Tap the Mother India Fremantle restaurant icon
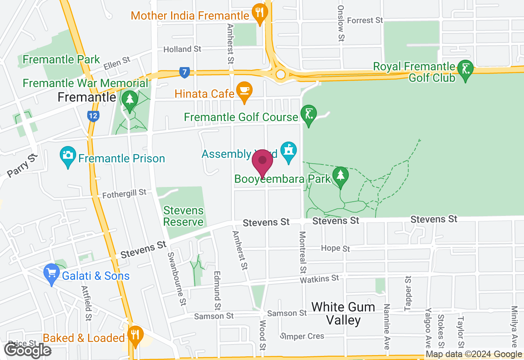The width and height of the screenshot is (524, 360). point(259,13)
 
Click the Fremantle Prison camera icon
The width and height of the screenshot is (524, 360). point(68,155)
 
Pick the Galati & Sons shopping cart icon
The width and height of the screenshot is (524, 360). point(52,273)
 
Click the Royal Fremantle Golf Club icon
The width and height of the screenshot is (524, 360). point(465,69)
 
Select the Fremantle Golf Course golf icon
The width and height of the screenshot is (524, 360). point(308,114)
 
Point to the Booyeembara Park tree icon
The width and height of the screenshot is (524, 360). point(340,175)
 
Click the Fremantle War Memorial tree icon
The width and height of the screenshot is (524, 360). point(130,99)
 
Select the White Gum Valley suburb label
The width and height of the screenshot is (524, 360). point(343,313)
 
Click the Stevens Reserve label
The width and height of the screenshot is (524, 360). point(183,216)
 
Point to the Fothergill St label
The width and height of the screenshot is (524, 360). point(124,193)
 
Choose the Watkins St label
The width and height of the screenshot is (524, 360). point(319,279)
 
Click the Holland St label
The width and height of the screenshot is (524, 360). point(182,49)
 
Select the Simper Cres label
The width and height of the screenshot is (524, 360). point(303,336)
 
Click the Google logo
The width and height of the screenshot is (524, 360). point(27,350)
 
